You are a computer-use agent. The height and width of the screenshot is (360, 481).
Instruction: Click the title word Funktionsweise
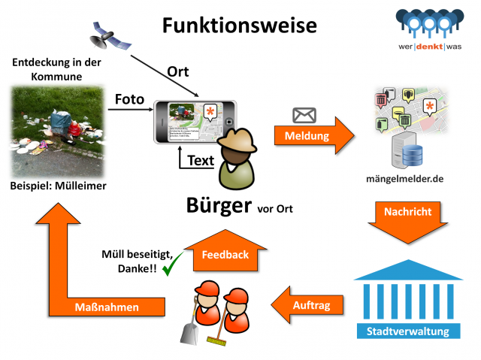pyautogui.click(x=239, y=24)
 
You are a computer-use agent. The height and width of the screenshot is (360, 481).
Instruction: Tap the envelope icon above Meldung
pyautogui.click(x=304, y=115)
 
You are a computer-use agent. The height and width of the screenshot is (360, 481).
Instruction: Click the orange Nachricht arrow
pyautogui.click(x=408, y=217)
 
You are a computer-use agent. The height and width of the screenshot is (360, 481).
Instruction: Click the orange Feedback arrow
pyautogui.click(x=225, y=251)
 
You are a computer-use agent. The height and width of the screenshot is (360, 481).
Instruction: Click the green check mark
pyautogui.click(x=174, y=265)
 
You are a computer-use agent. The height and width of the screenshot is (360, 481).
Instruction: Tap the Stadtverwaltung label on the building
pyautogui.click(x=407, y=331)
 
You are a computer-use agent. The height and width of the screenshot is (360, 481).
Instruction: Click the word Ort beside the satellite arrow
pyautogui.click(x=177, y=73)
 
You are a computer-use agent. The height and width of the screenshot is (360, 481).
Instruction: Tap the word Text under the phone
pyautogui.click(x=200, y=159)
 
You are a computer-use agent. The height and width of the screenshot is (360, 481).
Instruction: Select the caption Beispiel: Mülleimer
pyautogui.click(x=58, y=185)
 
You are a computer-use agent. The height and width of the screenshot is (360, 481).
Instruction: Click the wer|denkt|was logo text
pyautogui.click(x=431, y=46)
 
